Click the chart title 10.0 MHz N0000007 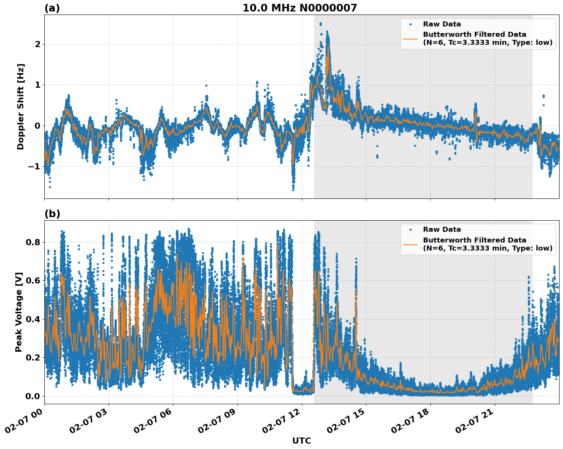click(299, 8)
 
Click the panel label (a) click(52, 8)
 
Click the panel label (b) click(52, 214)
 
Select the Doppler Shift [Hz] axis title click(21, 107)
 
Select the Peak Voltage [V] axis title click(19, 312)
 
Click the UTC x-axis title click(301, 441)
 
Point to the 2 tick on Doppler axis click(37, 44)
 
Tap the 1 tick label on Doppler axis click(37, 85)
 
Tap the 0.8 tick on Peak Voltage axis click(33, 242)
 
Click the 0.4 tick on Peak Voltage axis click(33, 319)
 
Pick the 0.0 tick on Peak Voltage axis click(33, 396)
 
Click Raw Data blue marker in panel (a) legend click(410, 24)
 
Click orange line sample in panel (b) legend click(410, 244)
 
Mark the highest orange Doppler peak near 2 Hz click(328, 46)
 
